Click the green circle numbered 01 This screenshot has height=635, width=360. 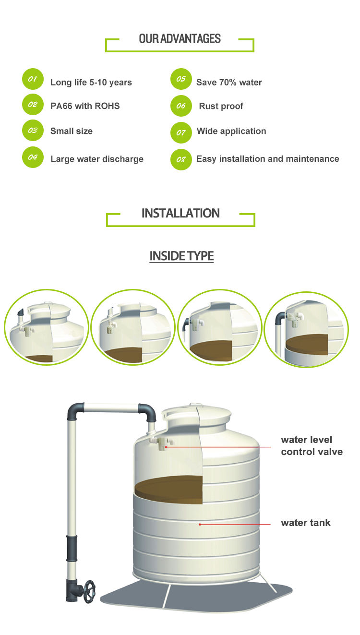[x=33, y=79]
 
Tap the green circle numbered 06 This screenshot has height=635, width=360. [x=181, y=106]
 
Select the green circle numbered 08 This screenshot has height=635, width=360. [x=181, y=160]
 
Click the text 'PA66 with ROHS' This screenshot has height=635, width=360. [x=85, y=106]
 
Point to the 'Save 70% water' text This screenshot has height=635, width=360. [x=229, y=83]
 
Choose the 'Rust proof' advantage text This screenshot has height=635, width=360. [x=221, y=106]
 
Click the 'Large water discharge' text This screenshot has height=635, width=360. [x=97, y=159]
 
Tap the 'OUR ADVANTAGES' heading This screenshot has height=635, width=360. [x=180, y=39]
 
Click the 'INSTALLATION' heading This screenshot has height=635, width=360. [x=180, y=213]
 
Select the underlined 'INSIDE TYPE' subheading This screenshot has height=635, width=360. [x=182, y=256]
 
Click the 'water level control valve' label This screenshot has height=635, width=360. [x=312, y=445]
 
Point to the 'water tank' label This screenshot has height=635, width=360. [x=306, y=523]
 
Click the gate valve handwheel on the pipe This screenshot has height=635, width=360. [x=89, y=592]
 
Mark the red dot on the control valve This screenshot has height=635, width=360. [x=166, y=447]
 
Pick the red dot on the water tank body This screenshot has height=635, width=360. [x=200, y=525]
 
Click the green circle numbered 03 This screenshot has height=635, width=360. [x=33, y=131]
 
